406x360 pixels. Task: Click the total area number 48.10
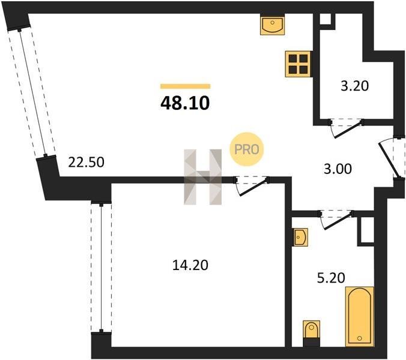pos(185,103)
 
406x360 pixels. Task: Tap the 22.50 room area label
pos(86,162)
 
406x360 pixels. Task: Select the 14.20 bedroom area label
pos(190,265)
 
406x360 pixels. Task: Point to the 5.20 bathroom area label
pos(331,278)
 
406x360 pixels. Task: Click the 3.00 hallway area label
pos(338,169)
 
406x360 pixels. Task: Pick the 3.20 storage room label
pos(354,86)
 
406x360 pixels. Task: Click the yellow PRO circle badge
pos(246,149)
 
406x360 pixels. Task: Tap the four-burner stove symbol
pos(298,64)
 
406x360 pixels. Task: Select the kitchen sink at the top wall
pos(273,25)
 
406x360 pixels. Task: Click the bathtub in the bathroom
pos(360,316)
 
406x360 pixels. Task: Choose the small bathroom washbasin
pos(300,237)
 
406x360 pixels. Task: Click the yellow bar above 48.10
pos(186,86)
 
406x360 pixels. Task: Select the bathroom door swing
pos(336,219)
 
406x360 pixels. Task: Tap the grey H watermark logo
pos(203,177)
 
